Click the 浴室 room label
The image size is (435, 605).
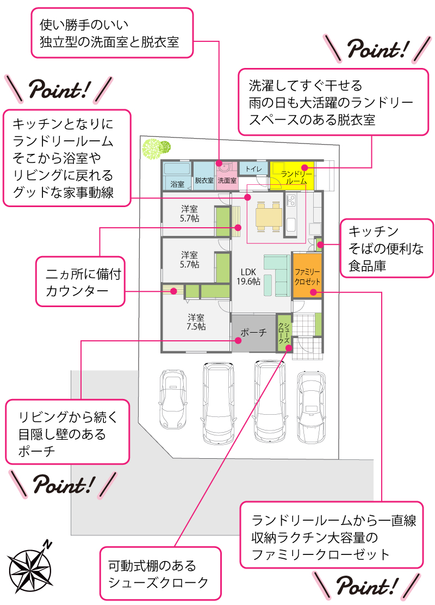pos(177,183)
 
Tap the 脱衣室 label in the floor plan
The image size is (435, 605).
pos(204,180)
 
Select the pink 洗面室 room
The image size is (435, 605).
pos(226,175)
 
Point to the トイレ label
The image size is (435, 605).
pos(253,169)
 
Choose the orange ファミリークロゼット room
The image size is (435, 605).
pos(307,275)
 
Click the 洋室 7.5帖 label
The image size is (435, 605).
pos(196,322)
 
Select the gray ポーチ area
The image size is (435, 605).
pos(253,333)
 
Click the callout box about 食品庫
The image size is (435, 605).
pos(386,248)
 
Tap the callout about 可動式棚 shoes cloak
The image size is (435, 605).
pos(161,574)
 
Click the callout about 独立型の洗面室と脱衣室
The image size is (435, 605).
pos(112,33)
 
